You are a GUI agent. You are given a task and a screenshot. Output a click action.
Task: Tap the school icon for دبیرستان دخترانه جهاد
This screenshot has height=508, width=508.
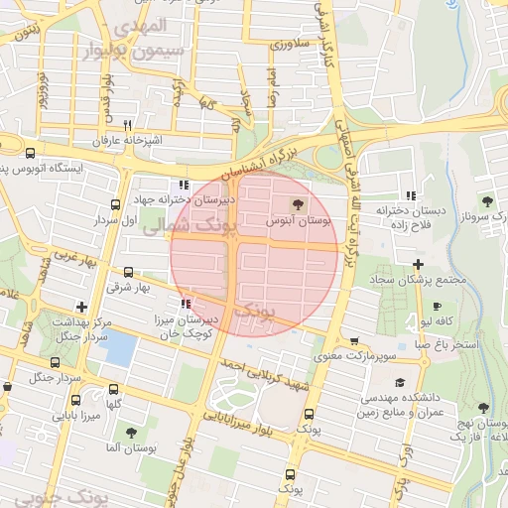(x=182, y=185)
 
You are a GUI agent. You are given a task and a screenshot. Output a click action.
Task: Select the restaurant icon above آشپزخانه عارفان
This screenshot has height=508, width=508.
(x=128, y=125)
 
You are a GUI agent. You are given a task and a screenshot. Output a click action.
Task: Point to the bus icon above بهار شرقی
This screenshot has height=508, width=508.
(x=128, y=272)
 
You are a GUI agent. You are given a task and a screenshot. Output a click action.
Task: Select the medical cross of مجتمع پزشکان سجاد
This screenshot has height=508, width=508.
(x=419, y=264)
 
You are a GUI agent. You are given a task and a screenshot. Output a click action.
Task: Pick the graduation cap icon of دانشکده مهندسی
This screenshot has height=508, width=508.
(x=399, y=382)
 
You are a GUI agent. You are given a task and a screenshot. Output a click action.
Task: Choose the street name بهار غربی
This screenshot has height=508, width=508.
(x=72, y=256)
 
